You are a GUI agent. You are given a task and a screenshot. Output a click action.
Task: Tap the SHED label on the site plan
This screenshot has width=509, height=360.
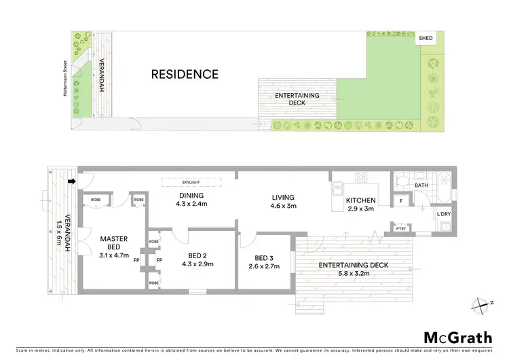[426, 39]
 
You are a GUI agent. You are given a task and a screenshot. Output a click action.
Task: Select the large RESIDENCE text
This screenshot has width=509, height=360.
[185, 74]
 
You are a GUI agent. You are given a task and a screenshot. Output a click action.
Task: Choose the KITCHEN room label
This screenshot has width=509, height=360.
[360, 201]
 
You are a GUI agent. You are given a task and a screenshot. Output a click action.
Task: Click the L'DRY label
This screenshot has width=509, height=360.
[445, 214]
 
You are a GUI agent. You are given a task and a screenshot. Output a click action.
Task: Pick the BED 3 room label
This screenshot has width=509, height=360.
[263, 258]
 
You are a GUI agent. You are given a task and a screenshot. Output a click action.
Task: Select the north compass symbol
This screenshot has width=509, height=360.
[483, 304]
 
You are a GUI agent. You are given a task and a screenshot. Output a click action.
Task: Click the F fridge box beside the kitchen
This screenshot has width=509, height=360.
[401, 201]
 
